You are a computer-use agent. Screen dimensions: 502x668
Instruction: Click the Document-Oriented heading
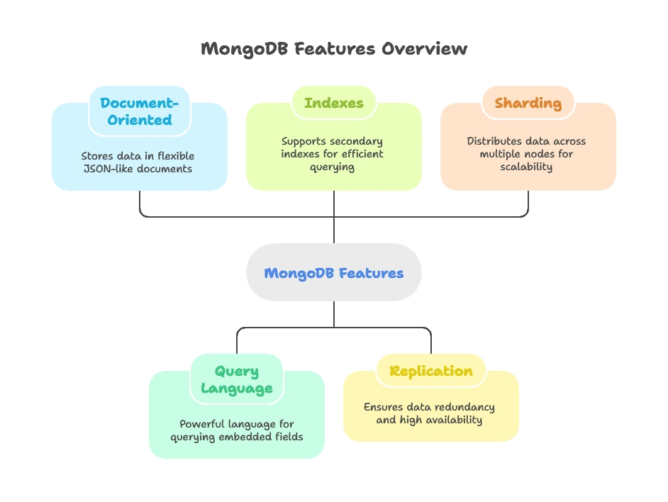click(x=140, y=111)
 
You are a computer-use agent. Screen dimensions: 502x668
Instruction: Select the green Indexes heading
click(x=333, y=103)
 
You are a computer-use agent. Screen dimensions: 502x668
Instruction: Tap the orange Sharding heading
click(x=528, y=103)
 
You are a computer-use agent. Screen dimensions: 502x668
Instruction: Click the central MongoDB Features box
click(x=333, y=273)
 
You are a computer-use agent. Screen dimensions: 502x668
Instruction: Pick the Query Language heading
click(x=236, y=379)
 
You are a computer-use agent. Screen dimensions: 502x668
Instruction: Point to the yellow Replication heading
click(x=430, y=371)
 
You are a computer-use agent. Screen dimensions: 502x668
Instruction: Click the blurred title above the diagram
click(x=333, y=50)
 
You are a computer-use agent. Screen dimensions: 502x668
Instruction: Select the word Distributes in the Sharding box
click(x=491, y=141)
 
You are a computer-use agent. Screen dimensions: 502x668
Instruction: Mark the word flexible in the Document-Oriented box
click(x=175, y=155)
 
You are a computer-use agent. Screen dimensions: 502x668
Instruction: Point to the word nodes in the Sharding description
click(x=540, y=154)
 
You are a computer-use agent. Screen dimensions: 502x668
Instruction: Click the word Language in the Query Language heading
click(x=236, y=389)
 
